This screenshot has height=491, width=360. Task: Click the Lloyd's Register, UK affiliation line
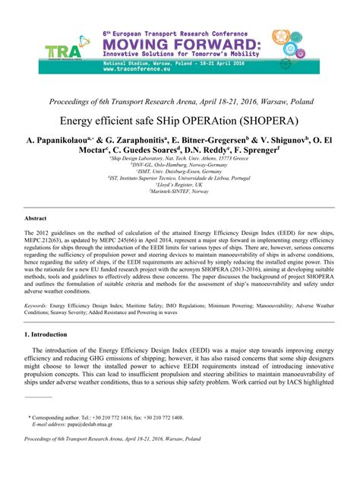click(x=179, y=185)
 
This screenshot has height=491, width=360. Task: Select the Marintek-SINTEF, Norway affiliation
click(x=179, y=192)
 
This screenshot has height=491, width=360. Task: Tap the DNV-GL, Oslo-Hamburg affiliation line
click(x=179, y=164)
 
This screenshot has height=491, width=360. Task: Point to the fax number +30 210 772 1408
click(x=162, y=417)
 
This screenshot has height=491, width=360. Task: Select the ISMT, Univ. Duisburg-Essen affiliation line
click(x=179, y=171)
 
